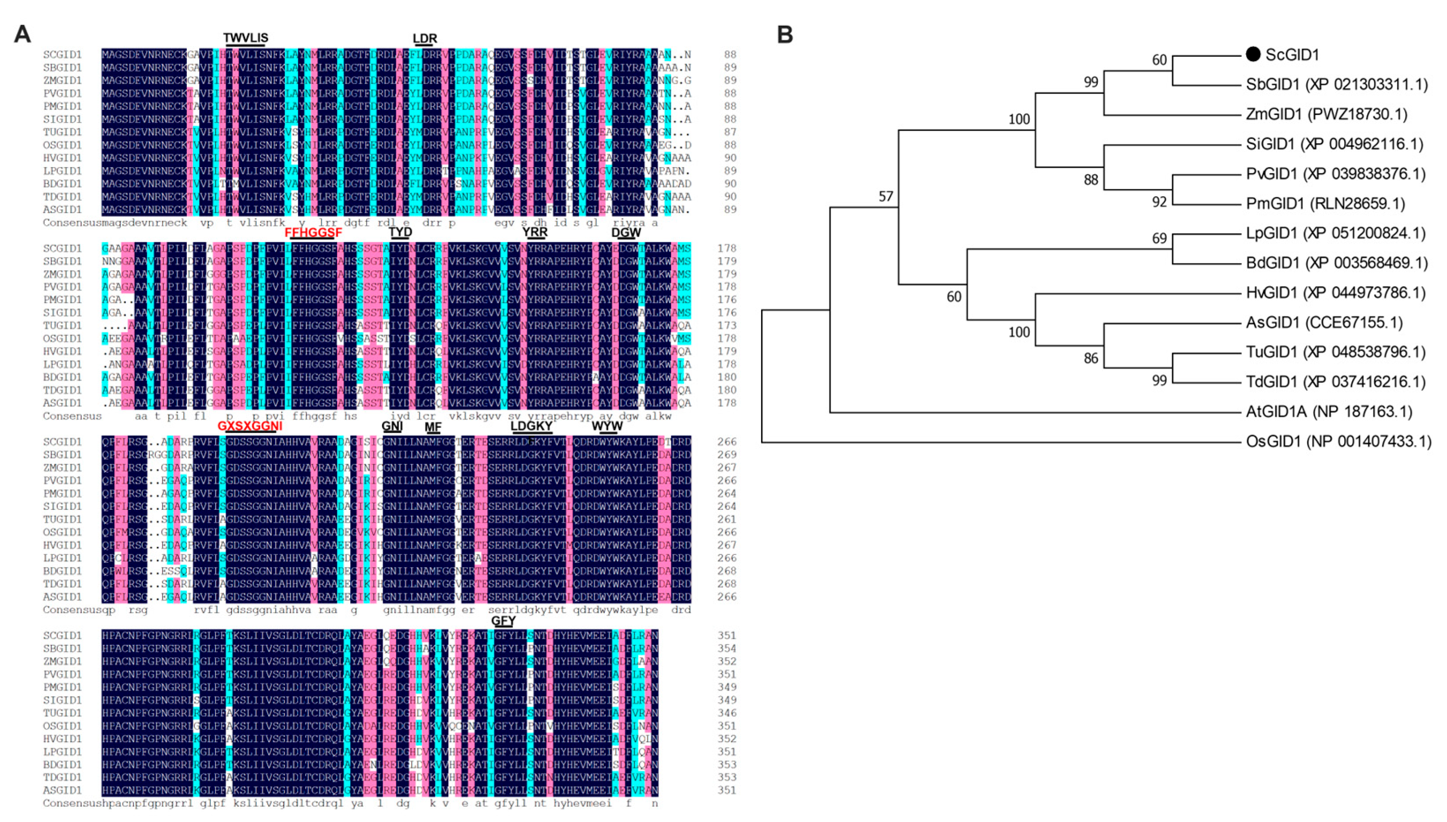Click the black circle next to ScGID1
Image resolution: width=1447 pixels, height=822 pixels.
(1253, 54)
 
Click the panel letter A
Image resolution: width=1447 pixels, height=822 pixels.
(22, 34)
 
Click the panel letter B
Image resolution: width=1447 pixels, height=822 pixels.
(785, 34)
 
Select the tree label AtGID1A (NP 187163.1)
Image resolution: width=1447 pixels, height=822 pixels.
(1328, 412)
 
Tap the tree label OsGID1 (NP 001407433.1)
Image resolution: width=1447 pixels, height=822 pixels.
(1338, 441)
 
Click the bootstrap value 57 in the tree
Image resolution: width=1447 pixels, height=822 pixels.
(886, 197)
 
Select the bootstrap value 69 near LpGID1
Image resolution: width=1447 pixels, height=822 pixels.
(1159, 238)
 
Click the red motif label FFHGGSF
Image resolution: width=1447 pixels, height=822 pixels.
(313, 232)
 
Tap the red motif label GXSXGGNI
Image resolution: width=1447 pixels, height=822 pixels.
(250, 426)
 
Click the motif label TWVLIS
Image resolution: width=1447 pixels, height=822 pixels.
(246, 38)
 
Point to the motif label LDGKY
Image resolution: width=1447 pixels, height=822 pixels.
(531, 426)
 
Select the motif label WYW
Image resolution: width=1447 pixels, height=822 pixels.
(607, 426)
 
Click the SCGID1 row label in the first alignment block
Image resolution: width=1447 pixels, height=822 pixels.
(62, 55)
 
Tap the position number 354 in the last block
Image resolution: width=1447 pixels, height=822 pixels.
(727, 649)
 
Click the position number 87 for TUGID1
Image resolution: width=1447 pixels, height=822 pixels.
(730, 132)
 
